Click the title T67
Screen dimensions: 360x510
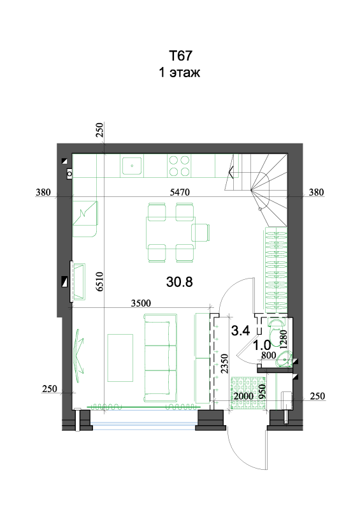180,55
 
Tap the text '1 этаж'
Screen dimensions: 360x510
179,72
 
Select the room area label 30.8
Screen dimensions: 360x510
179,282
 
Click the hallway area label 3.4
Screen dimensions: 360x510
240,330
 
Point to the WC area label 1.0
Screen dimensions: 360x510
262,345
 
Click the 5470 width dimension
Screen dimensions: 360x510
180,193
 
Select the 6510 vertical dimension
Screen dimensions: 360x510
99,282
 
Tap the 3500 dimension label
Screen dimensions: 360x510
141,303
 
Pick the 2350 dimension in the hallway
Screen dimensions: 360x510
224,364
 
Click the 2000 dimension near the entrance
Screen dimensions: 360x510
243,396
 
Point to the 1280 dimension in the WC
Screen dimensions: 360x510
284,340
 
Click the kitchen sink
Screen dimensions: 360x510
132,166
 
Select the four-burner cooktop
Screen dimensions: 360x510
179,166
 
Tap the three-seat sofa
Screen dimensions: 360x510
161,358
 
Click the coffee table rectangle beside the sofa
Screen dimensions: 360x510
120,358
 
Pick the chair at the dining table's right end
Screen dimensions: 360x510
200,233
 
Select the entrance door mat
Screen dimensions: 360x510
248,392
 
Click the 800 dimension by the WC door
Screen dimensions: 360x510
269,356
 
